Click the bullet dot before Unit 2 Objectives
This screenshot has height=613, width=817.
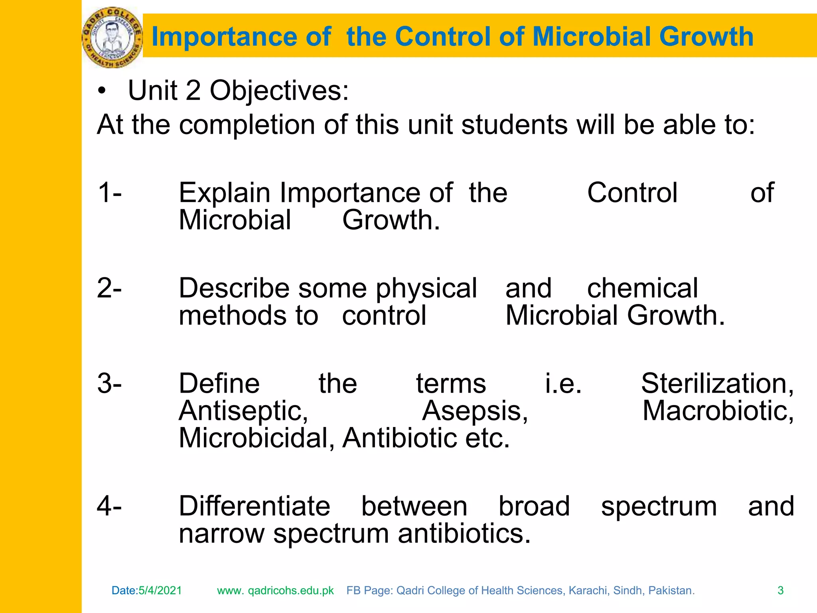pos(102,91)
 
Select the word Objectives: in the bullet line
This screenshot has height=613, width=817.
pos(279,91)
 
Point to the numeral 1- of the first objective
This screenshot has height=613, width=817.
pos(110,193)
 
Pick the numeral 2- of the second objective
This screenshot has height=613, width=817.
pos(110,288)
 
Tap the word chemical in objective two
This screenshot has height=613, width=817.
pos(642,288)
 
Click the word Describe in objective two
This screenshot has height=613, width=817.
pos(234,288)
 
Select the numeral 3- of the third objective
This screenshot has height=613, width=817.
pos(110,384)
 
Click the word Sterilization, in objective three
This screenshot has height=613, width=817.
pos(717,384)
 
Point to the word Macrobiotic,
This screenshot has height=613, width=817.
pos(718,411)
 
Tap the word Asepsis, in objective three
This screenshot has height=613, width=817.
pos(475,411)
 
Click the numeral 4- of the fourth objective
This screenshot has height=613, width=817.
pos(110,506)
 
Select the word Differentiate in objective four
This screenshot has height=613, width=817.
pos(255,506)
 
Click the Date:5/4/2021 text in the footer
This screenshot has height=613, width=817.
pos(146,591)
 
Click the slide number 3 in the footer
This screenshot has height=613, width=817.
pos(781,591)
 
